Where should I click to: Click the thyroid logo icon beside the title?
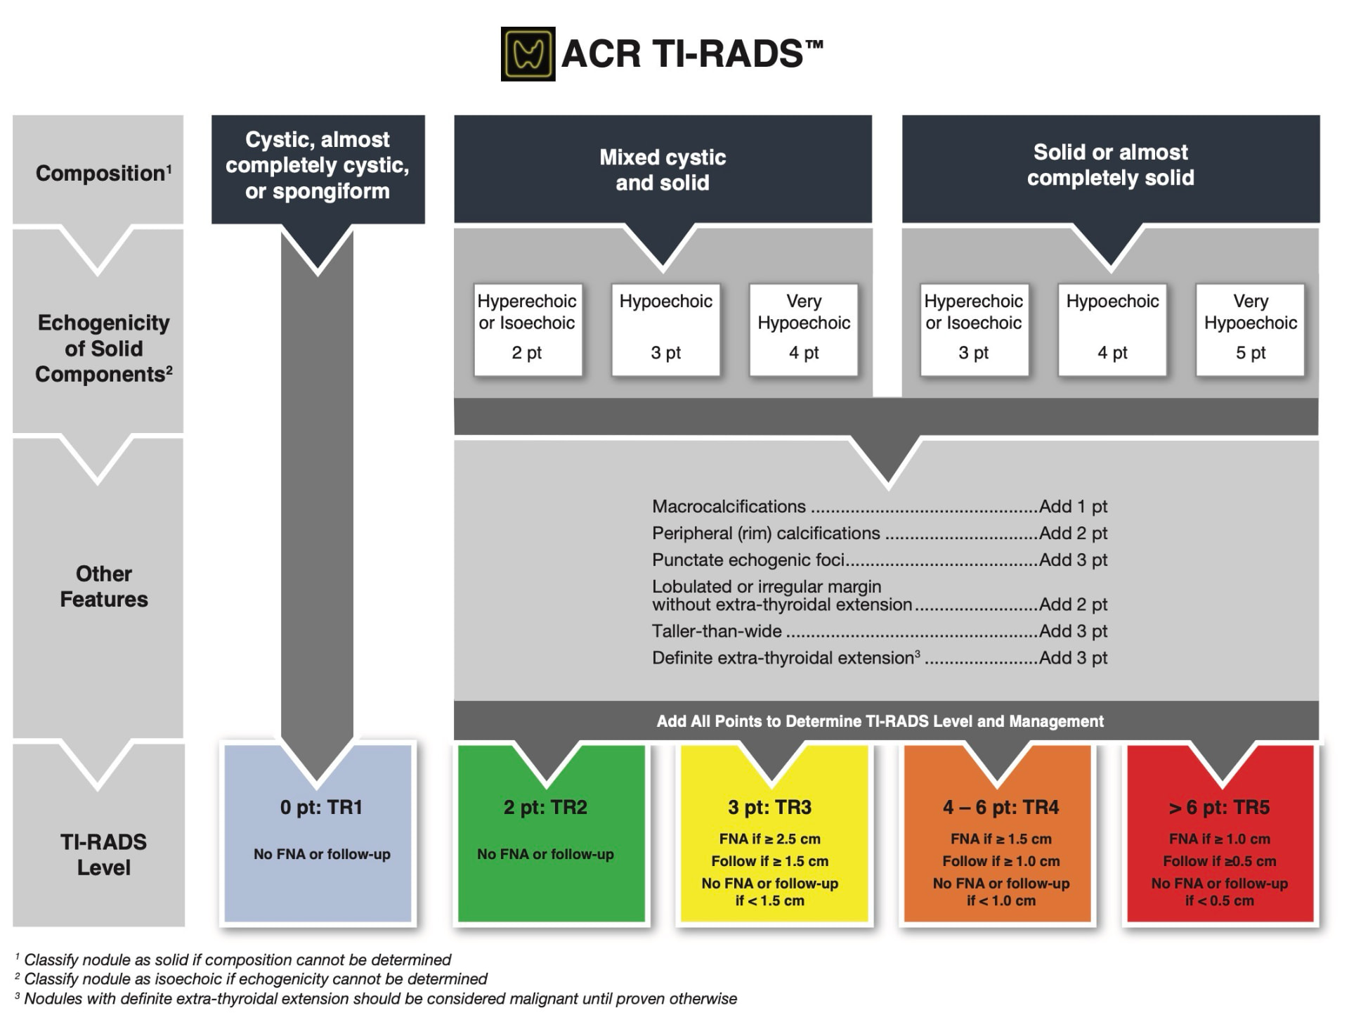(x=528, y=54)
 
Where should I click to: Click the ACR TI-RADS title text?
(x=692, y=53)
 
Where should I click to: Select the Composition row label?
(x=103, y=173)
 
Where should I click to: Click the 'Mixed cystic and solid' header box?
(x=663, y=169)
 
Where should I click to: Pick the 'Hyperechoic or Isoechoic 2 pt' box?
(x=528, y=330)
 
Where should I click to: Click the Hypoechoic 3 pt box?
(x=665, y=330)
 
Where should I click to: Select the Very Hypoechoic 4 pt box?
(x=804, y=330)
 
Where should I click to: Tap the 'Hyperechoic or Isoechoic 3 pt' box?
(x=974, y=330)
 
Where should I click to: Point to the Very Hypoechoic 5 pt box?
(x=1251, y=330)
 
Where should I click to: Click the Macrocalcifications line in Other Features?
(x=880, y=506)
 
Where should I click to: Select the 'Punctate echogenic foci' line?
(x=880, y=560)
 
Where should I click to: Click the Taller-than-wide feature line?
(x=880, y=631)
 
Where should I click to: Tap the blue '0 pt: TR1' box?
(x=318, y=833)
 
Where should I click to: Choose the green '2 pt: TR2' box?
(x=552, y=833)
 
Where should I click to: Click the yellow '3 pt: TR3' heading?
(x=770, y=807)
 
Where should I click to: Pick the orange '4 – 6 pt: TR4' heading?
(x=1001, y=807)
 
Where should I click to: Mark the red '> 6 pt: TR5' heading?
(x=1219, y=807)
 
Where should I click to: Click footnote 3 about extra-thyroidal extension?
(x=376, y=998)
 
